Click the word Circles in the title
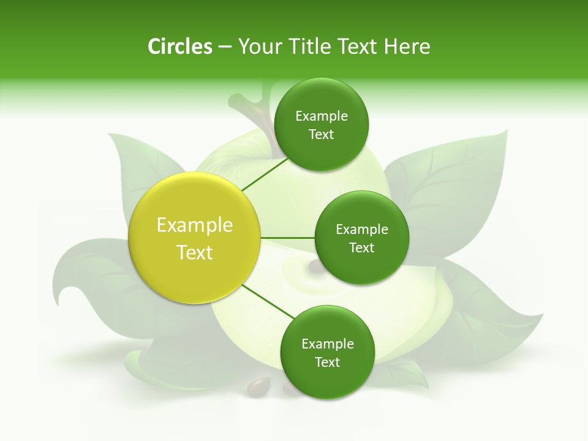(x=180, y=47)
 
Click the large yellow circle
(x=195, y=238)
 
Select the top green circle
(x=321, y=124)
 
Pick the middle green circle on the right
(x=361, y=238)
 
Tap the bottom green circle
(x=327, y=352)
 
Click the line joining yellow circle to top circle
(x=265, y=174)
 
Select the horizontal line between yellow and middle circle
(x=287, y=238)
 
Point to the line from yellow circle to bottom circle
(x=268, y=301)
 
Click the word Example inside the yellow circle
(x=195, y=225)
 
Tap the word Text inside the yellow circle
(x=195, y=252)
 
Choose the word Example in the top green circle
(x=321, y=116)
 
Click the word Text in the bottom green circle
(x=327, y=362)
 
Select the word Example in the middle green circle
(x=361, y=230)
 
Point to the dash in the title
(x=225, y=47)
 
